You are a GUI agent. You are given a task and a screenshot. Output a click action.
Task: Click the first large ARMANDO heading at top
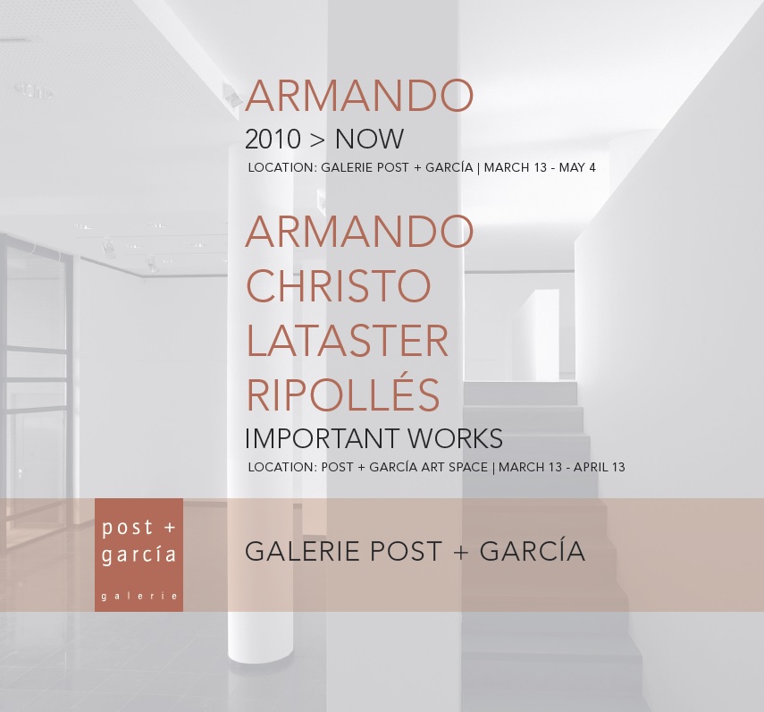[359, 95]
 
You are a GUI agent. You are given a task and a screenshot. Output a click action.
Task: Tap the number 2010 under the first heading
[273, 140]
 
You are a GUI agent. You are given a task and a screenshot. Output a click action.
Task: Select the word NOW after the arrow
[369, 140]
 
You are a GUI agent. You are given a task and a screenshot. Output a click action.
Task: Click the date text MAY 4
[577, 168]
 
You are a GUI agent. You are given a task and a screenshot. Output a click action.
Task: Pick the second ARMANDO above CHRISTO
[359, 231]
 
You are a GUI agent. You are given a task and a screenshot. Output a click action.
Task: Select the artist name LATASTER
[348, 341]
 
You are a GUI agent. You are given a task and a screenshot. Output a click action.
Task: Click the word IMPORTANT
[323, 438]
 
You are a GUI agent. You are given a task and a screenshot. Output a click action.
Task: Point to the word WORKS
[455, 438]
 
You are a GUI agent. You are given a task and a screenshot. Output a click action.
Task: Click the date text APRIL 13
[599, 467]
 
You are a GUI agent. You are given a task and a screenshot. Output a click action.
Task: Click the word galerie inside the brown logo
[139, 596]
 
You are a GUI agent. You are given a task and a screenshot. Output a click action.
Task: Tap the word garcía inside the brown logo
[139, 555]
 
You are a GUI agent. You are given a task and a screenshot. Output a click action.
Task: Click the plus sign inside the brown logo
[170, 528]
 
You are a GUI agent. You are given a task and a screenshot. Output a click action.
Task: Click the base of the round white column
[260, 656]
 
